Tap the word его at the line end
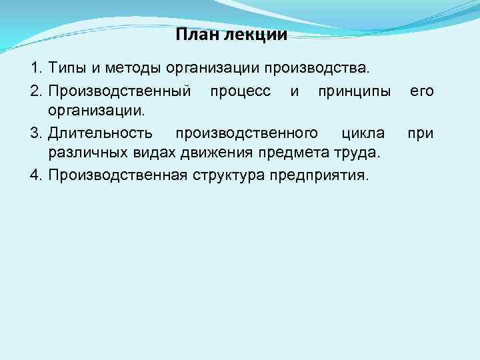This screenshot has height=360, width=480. coord(421,90)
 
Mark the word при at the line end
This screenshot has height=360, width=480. coord(420,134)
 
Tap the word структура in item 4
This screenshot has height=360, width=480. coord(229,177)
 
